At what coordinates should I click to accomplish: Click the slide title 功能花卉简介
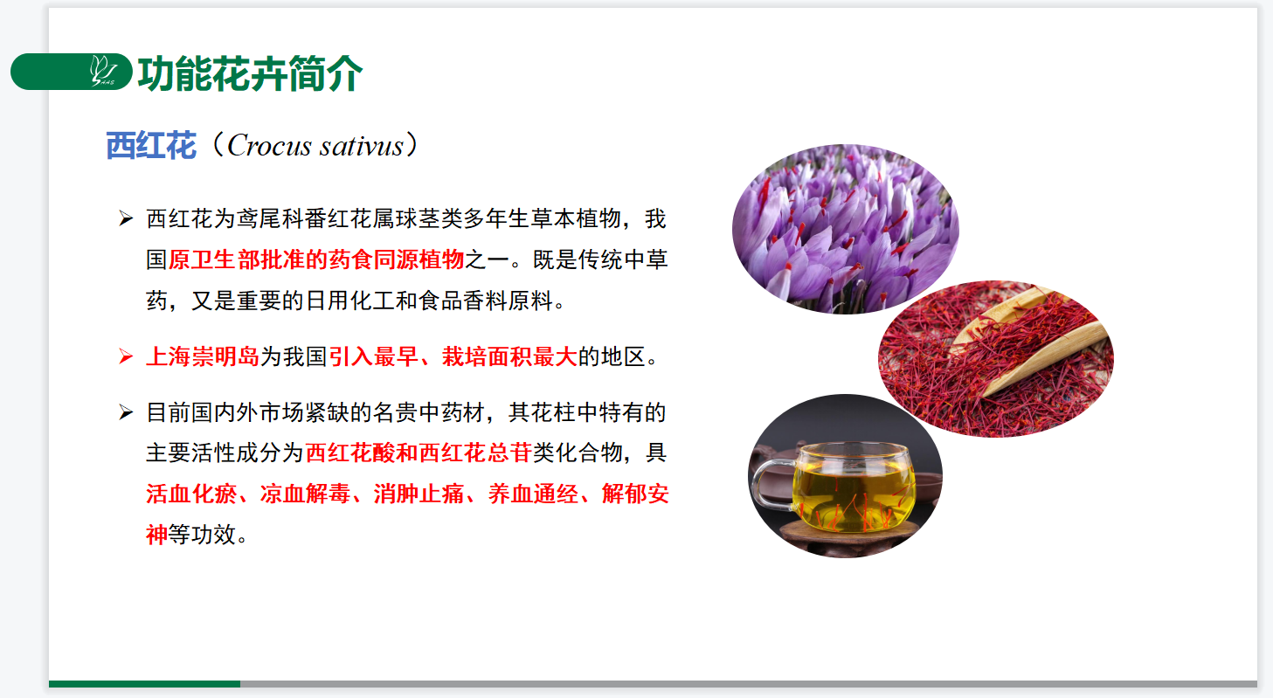pyautogui.click(x=250, y=73)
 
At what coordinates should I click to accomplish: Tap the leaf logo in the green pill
pyautogui.click(x=103, y=71)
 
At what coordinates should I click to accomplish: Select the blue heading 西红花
pyautogui.click(x=151, y=146)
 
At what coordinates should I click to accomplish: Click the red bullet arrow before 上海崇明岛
pyautogui.click(x=126, y=356)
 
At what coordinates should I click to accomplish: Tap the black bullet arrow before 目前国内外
pyautogui.click(x=126, y=412)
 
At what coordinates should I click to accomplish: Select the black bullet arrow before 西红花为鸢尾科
pyautogui.click(x=126, y=218)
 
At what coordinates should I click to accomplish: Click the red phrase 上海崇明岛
pyautogui.click(x=203, y=357)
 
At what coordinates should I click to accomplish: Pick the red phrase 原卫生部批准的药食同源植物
pyautogui.click(x=316, y=259)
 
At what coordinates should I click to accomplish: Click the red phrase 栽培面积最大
pyautogui.click(x=509, y=357)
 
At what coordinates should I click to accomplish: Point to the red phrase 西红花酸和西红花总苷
pyautogui.click(x=419, y=453)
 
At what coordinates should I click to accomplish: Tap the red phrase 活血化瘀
pyautogui.click(x=191, y=494)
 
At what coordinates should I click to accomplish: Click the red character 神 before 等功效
pyautogui.click(x=157, y=535)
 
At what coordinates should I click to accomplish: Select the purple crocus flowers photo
pyautogui.click(x=846, y=229)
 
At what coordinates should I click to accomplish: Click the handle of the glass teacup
pyautogui.click(x=771, y=489)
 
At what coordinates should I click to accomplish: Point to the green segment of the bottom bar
pyautogui.click(x=144, y=684)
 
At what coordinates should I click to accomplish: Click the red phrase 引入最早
pyautogui.click(x=373, y=357)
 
